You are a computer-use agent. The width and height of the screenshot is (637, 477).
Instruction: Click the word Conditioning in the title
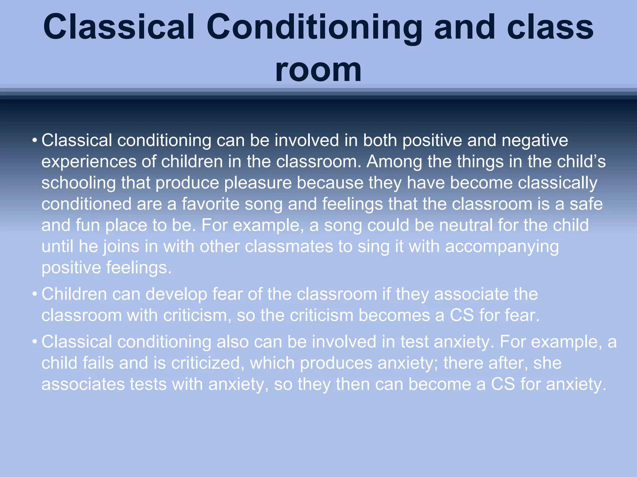pyautogui.click(x=314, y=28)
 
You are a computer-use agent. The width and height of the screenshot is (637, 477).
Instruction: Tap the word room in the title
pyautogui.click(x=318, y=70)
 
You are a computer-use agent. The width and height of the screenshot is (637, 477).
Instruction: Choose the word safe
pyautogui.click(x=586, y=204)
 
